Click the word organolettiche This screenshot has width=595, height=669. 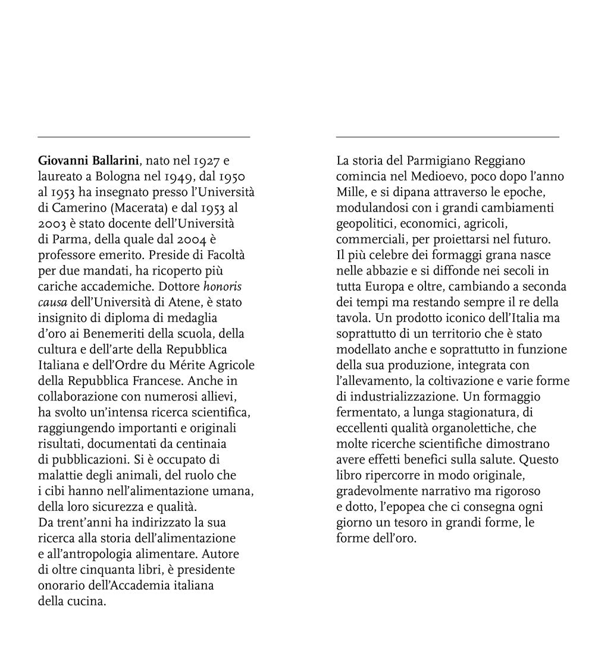471,428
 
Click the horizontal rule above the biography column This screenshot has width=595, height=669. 143,137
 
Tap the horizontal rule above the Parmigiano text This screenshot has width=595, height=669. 447,137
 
